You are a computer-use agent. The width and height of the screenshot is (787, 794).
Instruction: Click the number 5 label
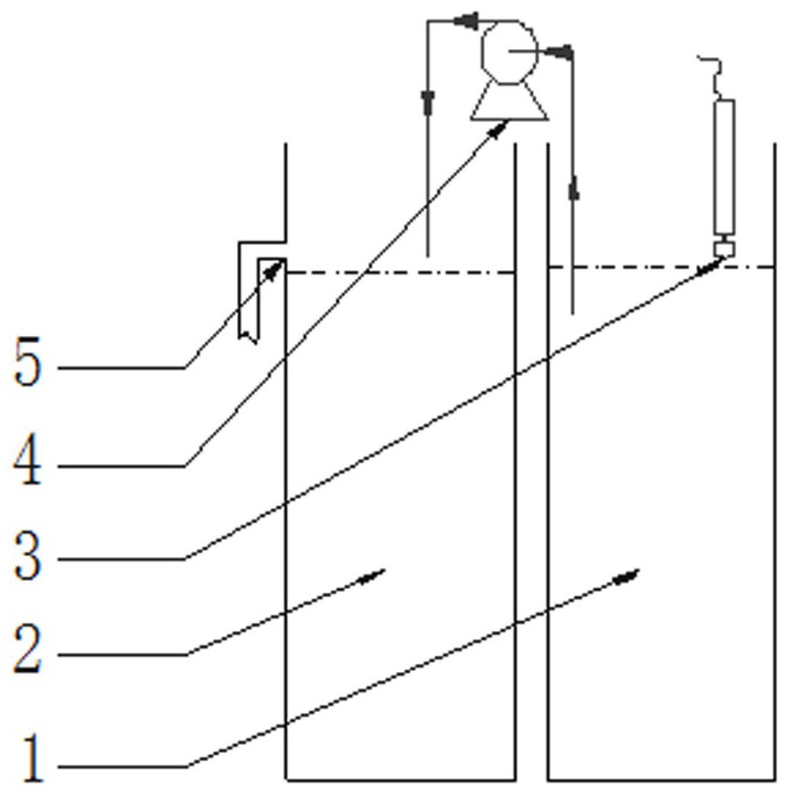[28, 364]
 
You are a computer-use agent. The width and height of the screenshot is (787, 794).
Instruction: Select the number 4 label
[28, 462]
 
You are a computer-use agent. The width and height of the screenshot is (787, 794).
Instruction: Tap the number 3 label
[28, 557]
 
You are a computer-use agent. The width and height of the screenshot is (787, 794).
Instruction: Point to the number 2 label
[28, 652]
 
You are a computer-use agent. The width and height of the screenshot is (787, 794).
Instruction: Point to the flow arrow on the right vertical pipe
[572, 190]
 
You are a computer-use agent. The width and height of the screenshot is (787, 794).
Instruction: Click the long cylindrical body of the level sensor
[724, 165]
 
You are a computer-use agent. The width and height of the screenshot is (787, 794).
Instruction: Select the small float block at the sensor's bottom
[725, 250]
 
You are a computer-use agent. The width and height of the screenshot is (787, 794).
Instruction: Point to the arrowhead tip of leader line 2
[381, 570]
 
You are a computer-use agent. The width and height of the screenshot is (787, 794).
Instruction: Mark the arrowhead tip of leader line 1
[636, 573]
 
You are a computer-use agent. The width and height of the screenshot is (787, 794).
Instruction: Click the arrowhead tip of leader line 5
[281, 262]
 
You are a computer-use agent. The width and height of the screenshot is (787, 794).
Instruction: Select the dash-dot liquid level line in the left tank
[401, 273]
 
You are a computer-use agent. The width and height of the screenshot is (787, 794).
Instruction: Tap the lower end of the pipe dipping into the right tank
[572, 312]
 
